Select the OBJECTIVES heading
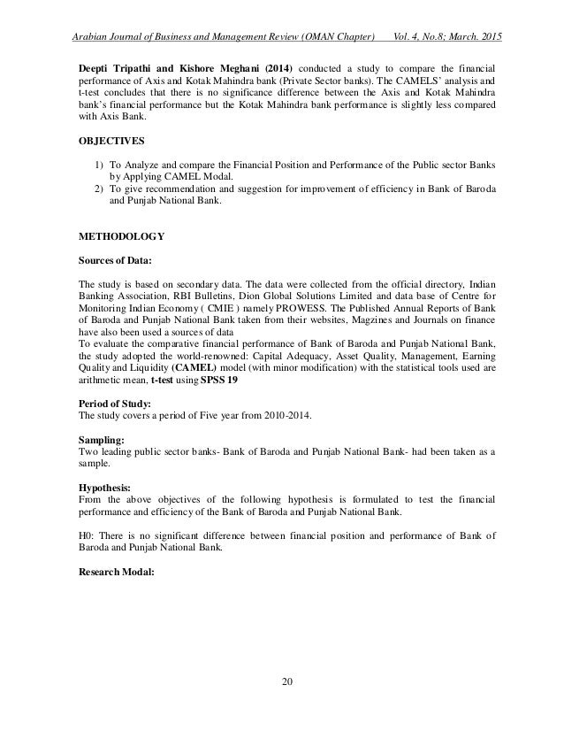tap(109, 140)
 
